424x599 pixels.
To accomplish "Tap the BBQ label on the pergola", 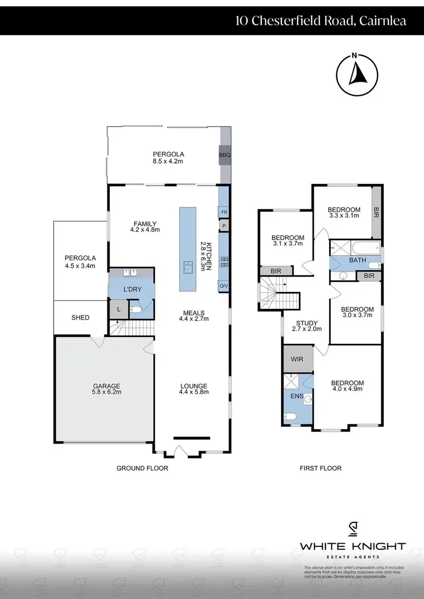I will pyautogui.click(x=224, y=154).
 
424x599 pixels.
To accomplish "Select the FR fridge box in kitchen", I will pyautogui.click(x=224, y=212).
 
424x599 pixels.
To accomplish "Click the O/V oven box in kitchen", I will pyautogui.click(x=224, y=286).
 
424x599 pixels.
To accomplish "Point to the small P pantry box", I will pyautogui.click(x=224, y=226).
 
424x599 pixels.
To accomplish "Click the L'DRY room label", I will pyautogui.click(x=131, y=289).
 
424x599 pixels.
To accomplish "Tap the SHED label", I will pyautogui.click(x=80, y=318).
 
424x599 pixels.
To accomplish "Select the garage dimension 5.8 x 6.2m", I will pyautogui.click(x=107, y=391).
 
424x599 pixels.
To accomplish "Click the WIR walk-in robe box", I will pyautogui.click(x=297, y=358).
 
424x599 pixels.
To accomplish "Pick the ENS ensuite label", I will pyautogui.click(x=295, y=396).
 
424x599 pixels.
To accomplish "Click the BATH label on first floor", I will pyautogui.click(x=357, y=261).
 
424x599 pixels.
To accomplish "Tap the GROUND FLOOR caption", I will pyautogui.click(x=142, y=468).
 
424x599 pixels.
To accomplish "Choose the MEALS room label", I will pyautogui.click(x=193, y=313).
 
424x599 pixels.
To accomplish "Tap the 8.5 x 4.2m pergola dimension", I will pyautogui.click(x=168, y=161).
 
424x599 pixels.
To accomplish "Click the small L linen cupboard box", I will pyautogui.click(x=119, y=309).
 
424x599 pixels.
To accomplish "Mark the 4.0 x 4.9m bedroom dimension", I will pyautogui.click(x=348, y=390).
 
